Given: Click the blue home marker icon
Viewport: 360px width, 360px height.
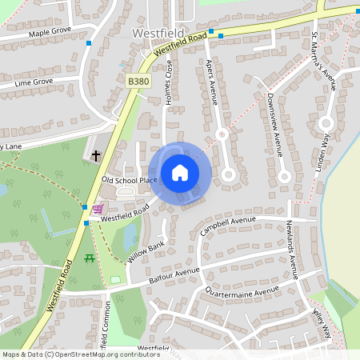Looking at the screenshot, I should (x=180, y=173).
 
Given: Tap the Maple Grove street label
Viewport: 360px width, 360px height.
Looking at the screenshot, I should (x=50, y=33).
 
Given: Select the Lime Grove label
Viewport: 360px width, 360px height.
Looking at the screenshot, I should (x=34, y=82).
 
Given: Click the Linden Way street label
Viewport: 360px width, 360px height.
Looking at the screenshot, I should (x=326, y=149).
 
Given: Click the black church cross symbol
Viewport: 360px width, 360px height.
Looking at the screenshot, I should (x=96, y=155).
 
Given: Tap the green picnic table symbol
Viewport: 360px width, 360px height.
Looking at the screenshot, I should (x=89, y=258).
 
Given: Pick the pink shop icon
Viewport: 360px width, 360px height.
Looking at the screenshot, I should (x=97, y=209).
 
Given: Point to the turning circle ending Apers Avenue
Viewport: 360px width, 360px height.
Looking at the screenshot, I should (x=228, y=173).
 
